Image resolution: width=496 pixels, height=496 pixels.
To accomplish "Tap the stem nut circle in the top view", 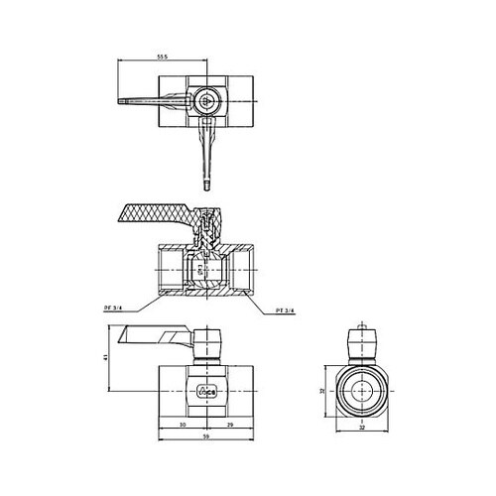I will click(x=204, y=100).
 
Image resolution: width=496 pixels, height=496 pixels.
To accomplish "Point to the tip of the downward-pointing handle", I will click(x=205, y=184).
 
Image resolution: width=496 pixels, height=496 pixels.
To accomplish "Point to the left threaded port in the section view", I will click(x=169, y=266).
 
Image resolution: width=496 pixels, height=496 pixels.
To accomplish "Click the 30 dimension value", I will click(x=183, y=425).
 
